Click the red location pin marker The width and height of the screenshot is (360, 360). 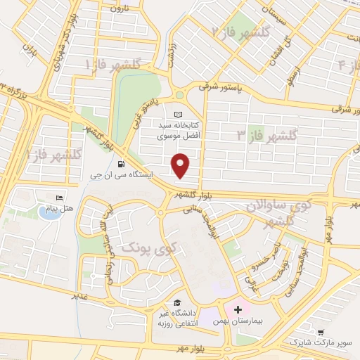(181, 165)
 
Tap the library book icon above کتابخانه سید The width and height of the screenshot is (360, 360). (177, 115)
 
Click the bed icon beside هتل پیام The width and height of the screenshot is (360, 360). (59, 198)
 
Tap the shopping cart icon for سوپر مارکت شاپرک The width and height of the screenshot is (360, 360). (321, 332)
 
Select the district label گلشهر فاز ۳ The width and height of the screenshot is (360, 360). (262, 134)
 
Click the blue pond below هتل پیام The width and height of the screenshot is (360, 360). (49, 213)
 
